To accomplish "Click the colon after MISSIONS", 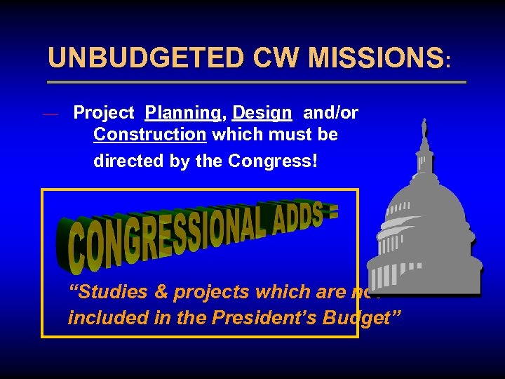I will [x=448, y=62].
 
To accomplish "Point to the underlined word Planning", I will [x=182, y=112].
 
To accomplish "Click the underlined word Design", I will [x=262, y=112].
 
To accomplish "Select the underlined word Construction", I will [x=150, y=134].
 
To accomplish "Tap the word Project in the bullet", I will [x=104, y=112].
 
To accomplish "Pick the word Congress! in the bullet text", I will [x=273, y=161].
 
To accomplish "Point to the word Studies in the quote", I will [x=106, y=292].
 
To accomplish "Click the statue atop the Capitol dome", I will [x=424, y=129].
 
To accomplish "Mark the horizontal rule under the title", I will [x=256, y=82].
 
